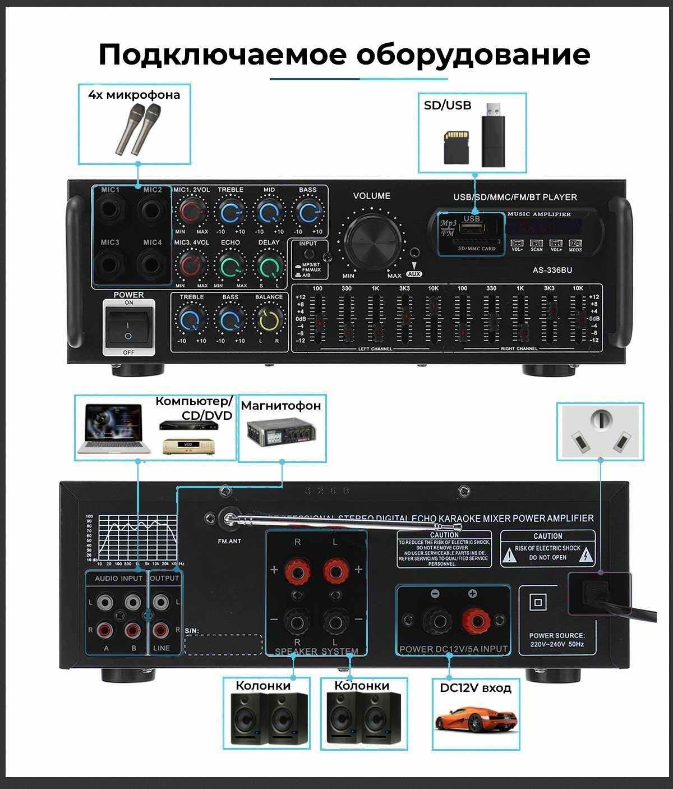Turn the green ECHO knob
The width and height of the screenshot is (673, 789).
[231, 266]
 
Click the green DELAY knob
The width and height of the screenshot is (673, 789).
[269, 266]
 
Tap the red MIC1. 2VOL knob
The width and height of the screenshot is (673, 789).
[191, 213]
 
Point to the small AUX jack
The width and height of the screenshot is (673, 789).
[414, 255]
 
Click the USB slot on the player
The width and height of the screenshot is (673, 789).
[472, 227]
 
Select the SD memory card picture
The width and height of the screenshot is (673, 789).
[456, 147]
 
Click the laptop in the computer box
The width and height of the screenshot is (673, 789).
[114, 428]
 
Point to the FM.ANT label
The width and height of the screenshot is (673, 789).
[229, 541]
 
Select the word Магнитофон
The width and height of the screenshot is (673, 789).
[281, 405]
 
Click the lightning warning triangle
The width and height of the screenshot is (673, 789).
[587, 555]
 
